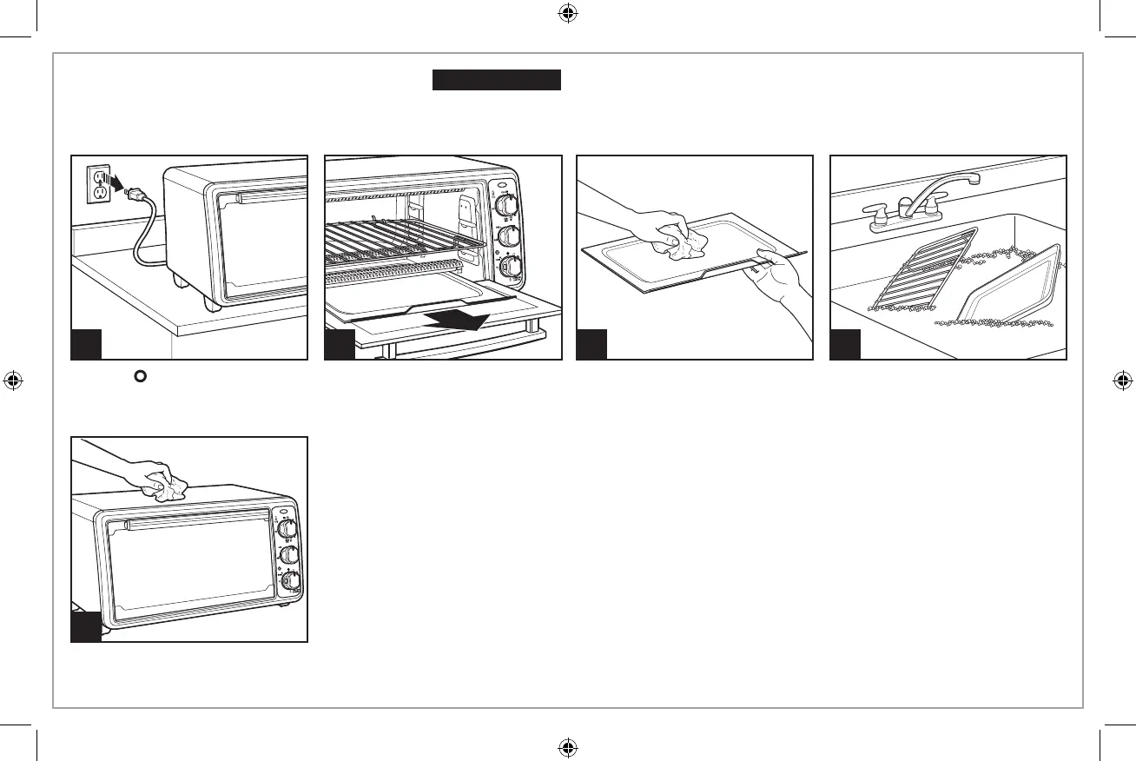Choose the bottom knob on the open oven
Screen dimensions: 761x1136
pos(510,269)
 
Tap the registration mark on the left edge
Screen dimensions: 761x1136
pos(13,380)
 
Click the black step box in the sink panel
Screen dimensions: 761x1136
pos(845,344)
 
